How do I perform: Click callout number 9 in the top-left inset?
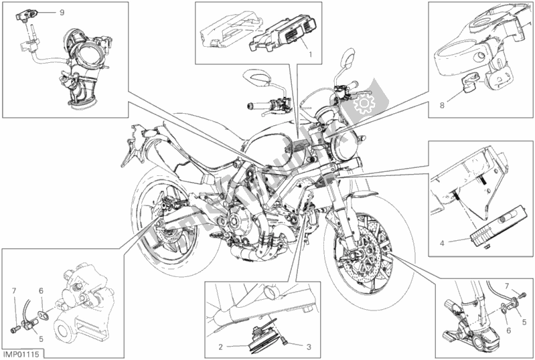pos(62,13)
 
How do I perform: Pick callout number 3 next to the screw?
pos(309,347)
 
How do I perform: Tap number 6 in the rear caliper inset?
pos(41,290)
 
